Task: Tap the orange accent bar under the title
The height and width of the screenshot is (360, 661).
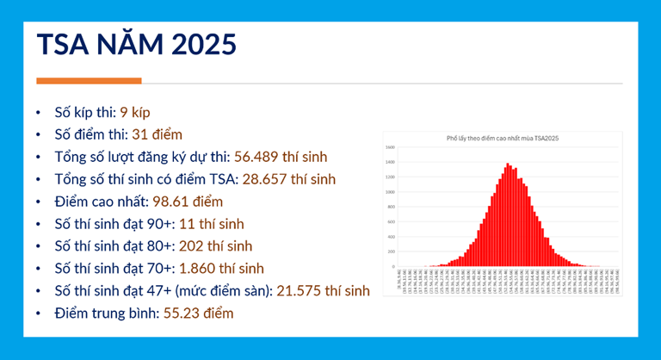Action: click(89, 81)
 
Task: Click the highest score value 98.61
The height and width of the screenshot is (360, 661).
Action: click(170, 202)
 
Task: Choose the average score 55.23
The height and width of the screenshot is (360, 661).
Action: click(180, 313)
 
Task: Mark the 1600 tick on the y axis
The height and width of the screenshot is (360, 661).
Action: click(390, 147)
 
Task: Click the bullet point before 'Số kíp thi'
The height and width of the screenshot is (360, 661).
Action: click(37, 113)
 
